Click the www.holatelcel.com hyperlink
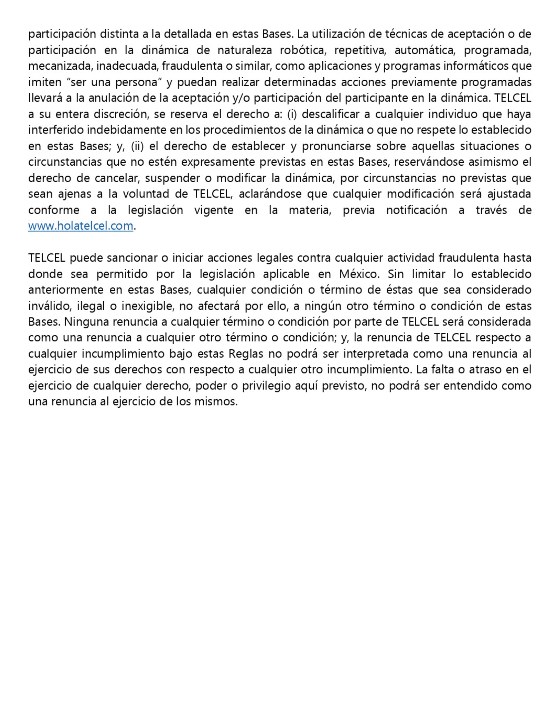pos(81,226)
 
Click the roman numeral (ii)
pos(137,146)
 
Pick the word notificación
pos(417,210)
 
